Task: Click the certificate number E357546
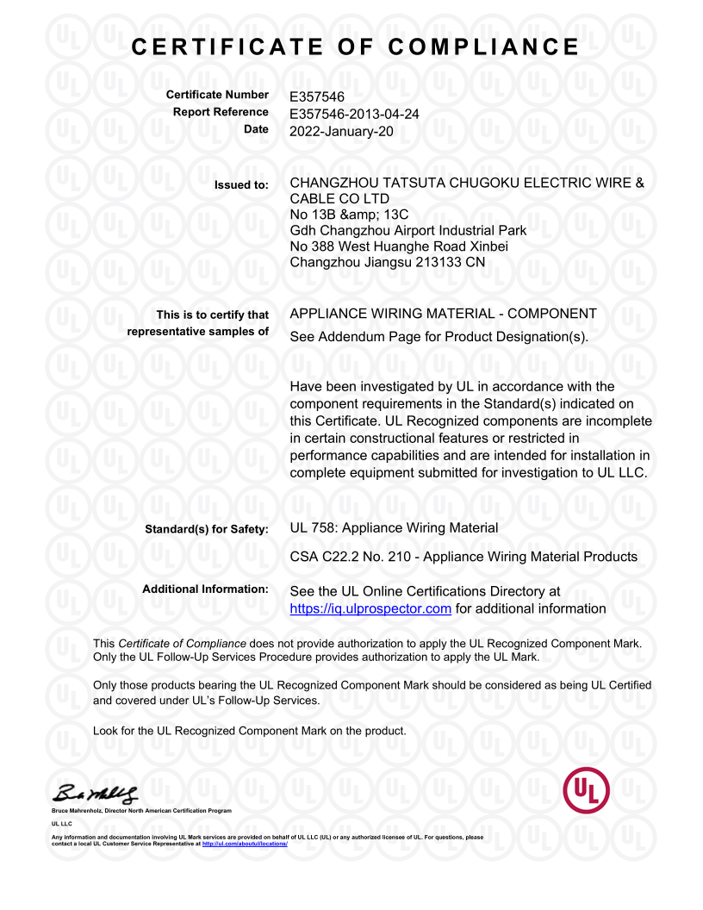point(317,97)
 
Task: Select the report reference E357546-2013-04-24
point(354,113)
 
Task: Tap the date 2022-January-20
point(341,130)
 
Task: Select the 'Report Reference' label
point(221,112)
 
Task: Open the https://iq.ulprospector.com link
point(370,609)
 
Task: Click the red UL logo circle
point(586,789)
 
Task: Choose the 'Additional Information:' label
point(206,589)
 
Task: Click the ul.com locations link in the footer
point(244,844)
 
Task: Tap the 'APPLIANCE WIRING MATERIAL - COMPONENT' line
point(444,314)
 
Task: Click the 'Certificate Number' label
point(217,95)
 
